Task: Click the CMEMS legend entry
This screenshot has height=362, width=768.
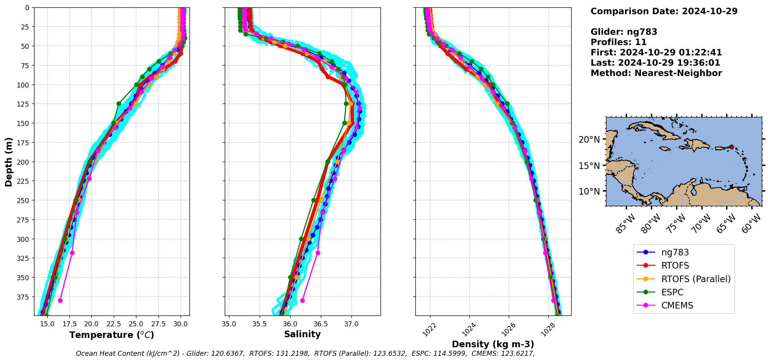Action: coord(677,305)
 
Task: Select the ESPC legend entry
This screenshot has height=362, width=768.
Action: coord(672,292)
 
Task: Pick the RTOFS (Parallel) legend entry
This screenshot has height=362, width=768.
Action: coord(696,279)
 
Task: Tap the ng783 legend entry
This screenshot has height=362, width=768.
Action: coord(675,252)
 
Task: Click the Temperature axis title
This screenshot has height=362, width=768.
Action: coord(112,335)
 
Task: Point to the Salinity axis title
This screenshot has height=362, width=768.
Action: coord(302,334)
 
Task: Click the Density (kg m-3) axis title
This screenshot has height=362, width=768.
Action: coord(493,344)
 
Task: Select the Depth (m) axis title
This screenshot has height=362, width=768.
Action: coord(9,162)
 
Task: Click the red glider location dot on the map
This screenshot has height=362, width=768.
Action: coord(731,147)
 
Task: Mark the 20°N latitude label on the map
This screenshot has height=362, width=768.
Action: coord(589,140)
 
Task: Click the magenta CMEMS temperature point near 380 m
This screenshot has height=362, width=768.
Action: coord(60,300)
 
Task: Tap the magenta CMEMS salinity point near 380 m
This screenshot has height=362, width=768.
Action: coord(302,300)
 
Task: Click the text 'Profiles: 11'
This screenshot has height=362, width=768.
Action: coord(618,42)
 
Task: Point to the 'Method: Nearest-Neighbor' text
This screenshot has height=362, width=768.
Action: coord(656,73)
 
